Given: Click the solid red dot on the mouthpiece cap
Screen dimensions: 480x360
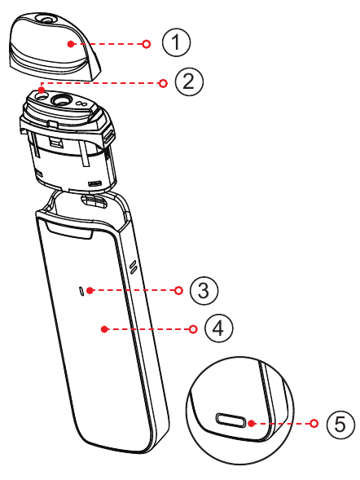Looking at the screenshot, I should (72, 44).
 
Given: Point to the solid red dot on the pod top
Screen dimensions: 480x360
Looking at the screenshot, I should (41, 90).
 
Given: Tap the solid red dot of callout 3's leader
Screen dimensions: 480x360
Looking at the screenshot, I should (92, 289).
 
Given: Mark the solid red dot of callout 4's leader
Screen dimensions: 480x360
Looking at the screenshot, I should (104, 329).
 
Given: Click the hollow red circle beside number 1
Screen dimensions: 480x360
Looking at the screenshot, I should (146, 44).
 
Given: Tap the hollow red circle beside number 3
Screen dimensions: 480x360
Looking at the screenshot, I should (177, 289).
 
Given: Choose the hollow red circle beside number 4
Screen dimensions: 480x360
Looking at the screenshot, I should (191, 329).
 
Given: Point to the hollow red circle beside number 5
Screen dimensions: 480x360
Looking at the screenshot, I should (314, 424).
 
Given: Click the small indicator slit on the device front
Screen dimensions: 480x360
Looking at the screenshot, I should (81, 289).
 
